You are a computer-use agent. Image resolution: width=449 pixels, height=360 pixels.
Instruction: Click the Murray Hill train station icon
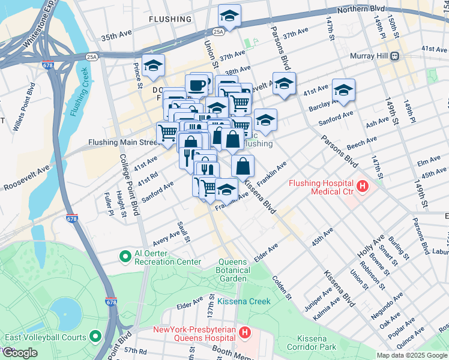[395, 56]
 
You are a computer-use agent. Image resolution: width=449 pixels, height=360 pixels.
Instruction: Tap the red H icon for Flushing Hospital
[362, 187]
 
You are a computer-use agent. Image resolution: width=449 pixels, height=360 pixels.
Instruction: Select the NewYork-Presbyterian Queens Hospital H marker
[244, 332]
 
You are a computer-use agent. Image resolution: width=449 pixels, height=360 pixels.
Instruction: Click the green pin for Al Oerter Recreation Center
[125, 257]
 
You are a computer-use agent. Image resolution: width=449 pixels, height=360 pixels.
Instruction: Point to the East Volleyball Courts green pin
[95, 337]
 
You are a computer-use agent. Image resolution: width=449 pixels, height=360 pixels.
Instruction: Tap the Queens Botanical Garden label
[232, 270]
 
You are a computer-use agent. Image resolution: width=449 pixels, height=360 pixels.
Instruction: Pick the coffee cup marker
[196, 86]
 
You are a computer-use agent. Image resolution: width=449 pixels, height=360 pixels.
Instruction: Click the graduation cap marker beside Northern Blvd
[229, 16]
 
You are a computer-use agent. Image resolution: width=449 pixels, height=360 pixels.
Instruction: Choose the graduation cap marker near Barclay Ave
[343, 91]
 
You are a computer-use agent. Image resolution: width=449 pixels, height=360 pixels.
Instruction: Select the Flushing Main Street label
[123, 143]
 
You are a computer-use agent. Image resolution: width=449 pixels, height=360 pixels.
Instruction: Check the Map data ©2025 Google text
[412, 355]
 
